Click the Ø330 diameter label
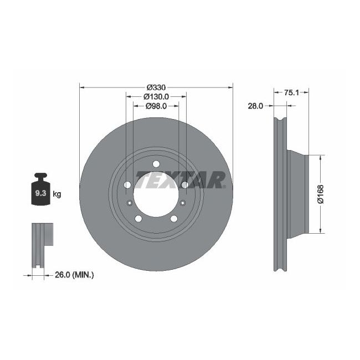pos(156,88)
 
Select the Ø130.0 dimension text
pos(156,96)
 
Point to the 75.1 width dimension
pos(291,93)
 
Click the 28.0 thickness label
pos(255,105)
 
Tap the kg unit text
pos(57,194)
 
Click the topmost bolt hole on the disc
pos(156,163)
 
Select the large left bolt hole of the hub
pos(127,184)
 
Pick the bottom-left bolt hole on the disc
pos(138,219)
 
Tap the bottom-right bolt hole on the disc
pos(174,219)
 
